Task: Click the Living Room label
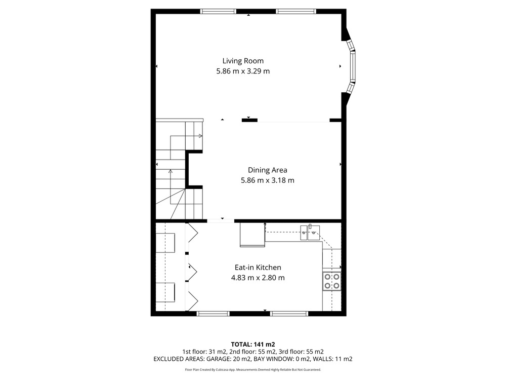(243, 61)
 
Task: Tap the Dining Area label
(268, 170)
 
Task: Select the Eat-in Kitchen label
(258, 267)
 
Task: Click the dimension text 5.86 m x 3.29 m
(243, 71)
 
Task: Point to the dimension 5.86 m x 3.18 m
(268, 180)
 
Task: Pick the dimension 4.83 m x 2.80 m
(258, 278)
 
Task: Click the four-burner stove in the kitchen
(332, 281)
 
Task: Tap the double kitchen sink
(310, 233)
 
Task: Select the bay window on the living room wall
(351, 66)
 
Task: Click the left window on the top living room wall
(218, 11)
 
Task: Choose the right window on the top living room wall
(296, 11)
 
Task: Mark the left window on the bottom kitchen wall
(213, 314)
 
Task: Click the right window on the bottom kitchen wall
(289, 314)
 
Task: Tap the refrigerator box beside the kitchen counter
(252, 235)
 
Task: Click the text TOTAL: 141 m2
(253, 345)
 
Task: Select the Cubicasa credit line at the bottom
(253, 370)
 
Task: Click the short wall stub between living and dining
(250, 121)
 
